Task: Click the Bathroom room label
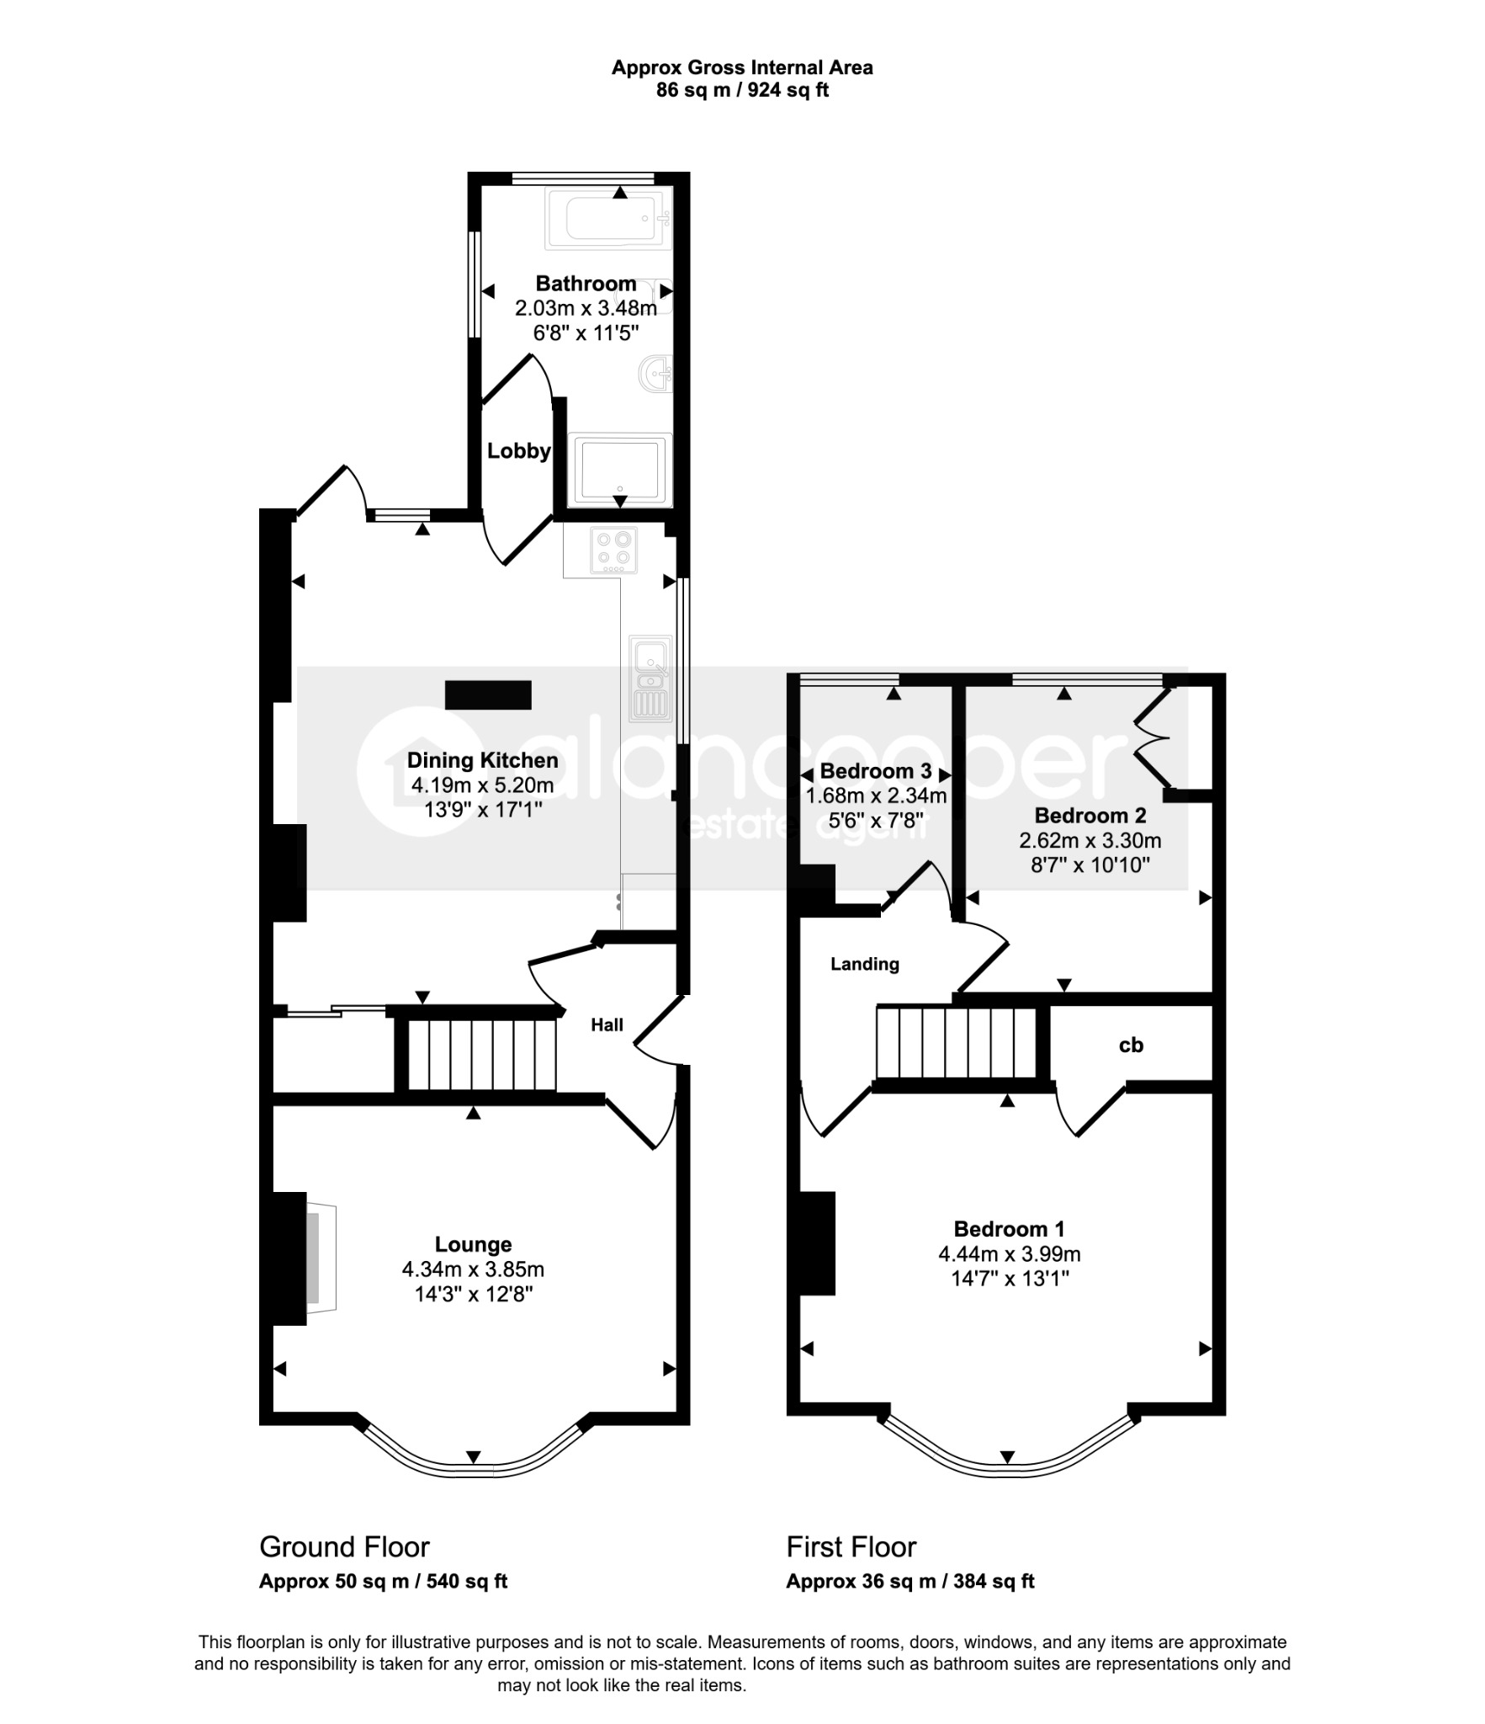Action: [x=586, y=284]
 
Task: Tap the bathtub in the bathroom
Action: [x=608, y=219]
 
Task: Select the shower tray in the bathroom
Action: [x=619, y=470]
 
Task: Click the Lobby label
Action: [x=518, y=451]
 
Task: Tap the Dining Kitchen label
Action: [x=482, y=760]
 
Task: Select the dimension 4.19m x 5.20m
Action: [x=482, y=785]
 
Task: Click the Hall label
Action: [x=607, y=1024]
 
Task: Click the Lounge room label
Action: [x=473, y=1244]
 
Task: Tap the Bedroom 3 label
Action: [x=875, y=771]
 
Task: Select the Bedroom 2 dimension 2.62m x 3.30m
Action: [x=1090, y=840]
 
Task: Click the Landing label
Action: [x=865, y=964]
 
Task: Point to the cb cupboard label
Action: [x=1131, y=1045]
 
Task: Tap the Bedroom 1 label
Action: [x=1009, y=1229]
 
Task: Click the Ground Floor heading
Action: [x=344, y=1547]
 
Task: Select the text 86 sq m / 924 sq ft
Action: [x=742, y=90]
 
